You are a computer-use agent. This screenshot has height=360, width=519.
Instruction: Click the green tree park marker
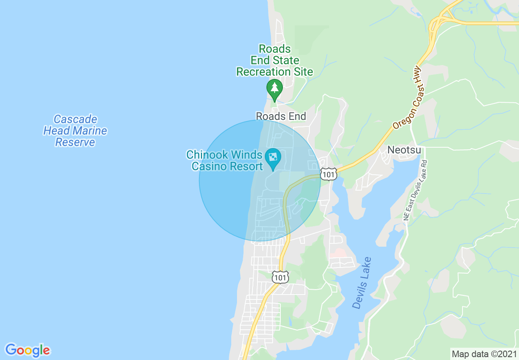274,88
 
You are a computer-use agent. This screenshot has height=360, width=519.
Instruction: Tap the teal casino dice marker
272,157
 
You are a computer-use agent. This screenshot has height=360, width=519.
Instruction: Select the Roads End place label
281,117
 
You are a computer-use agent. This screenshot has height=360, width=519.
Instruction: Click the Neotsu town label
404,150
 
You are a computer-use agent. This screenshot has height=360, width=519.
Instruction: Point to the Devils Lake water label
362,283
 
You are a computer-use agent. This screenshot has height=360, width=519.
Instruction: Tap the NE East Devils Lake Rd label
415,190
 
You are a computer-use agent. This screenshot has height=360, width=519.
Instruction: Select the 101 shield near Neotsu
328,173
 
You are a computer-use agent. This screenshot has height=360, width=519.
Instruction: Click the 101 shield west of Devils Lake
280,277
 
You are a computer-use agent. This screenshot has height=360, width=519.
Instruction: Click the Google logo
27,350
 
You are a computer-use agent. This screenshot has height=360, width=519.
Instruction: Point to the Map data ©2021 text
484,354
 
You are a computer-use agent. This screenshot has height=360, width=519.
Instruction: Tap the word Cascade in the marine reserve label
76,119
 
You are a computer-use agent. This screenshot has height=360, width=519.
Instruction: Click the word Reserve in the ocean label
75,142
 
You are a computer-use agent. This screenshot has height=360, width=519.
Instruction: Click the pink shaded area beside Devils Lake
338,254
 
